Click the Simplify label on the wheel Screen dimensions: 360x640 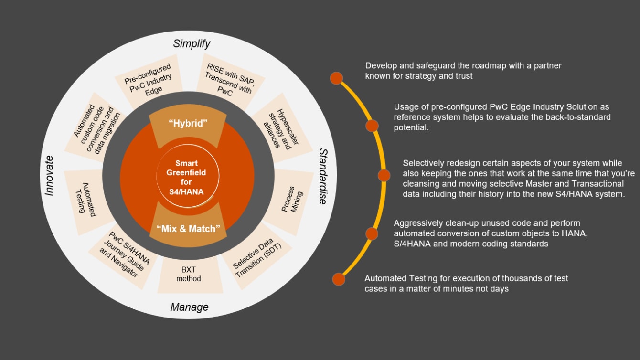pyautogui.click(x=192, y=44)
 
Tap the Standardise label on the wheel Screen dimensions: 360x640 pyautogui.click(x=323, y=176)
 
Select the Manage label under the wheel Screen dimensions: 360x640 pyautogui.click(x=189, y=307)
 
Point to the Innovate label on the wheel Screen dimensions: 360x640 pyautogui.click(x=49, y=175)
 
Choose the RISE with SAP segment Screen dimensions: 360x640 pyautogui.click(x=228, y=79)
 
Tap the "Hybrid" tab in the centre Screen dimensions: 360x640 pyautogui.click(x=188, y=124)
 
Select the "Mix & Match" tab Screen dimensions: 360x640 pyautogui.click(x=185, y=228)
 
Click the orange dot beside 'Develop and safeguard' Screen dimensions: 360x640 pyautogui.click(x=337, y=78)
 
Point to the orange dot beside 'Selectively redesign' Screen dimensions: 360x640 pyautogui.click(x=384, y=175)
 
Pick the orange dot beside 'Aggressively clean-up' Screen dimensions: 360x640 pyautogui.click(x=372, y=233)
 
